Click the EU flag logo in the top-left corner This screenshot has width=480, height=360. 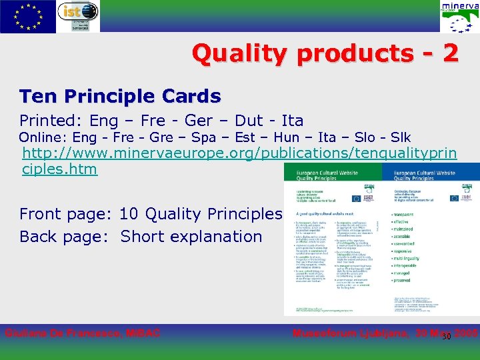(28, 16)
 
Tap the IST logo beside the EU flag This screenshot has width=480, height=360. (78, 16)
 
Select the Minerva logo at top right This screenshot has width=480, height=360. (459, 17)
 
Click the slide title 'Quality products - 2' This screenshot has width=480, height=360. (325, 53)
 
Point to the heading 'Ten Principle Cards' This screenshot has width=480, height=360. (120, 96)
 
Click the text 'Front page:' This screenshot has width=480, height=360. (66, 214)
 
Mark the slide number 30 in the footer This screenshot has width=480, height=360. (447, 336)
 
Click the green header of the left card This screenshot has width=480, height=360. (332, 175)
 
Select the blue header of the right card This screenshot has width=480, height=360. (431, 175)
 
